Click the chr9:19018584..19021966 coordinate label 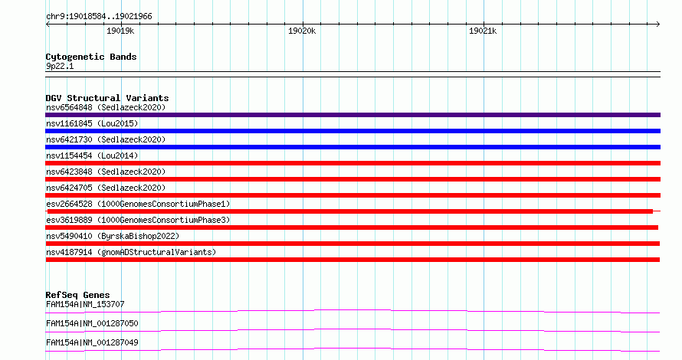(x=99, y=17)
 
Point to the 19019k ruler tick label (x=120, y=31)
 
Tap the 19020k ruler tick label (x=302, y=31)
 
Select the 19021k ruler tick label (x=483, y=31)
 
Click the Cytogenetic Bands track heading (x=91, y=57)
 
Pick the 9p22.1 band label (x=60, y=66)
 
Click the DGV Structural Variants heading (x=107, y=98)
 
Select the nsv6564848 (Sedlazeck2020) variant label (x=106, y=107)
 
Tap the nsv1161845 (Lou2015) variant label (x=92, y=123)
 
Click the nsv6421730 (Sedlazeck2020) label (x=106, y=139)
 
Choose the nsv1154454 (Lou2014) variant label (x=92, y=155)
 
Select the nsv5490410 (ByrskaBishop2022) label (x=113, y=236)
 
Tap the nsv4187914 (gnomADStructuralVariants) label (x=131, y=252)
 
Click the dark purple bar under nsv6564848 (x=352, y=115)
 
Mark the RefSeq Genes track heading (x=77, y=295)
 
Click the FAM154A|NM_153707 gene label (x=85, y=304)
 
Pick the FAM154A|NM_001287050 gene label (x=92, y=323)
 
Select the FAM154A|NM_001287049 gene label (x=92, y=342)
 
